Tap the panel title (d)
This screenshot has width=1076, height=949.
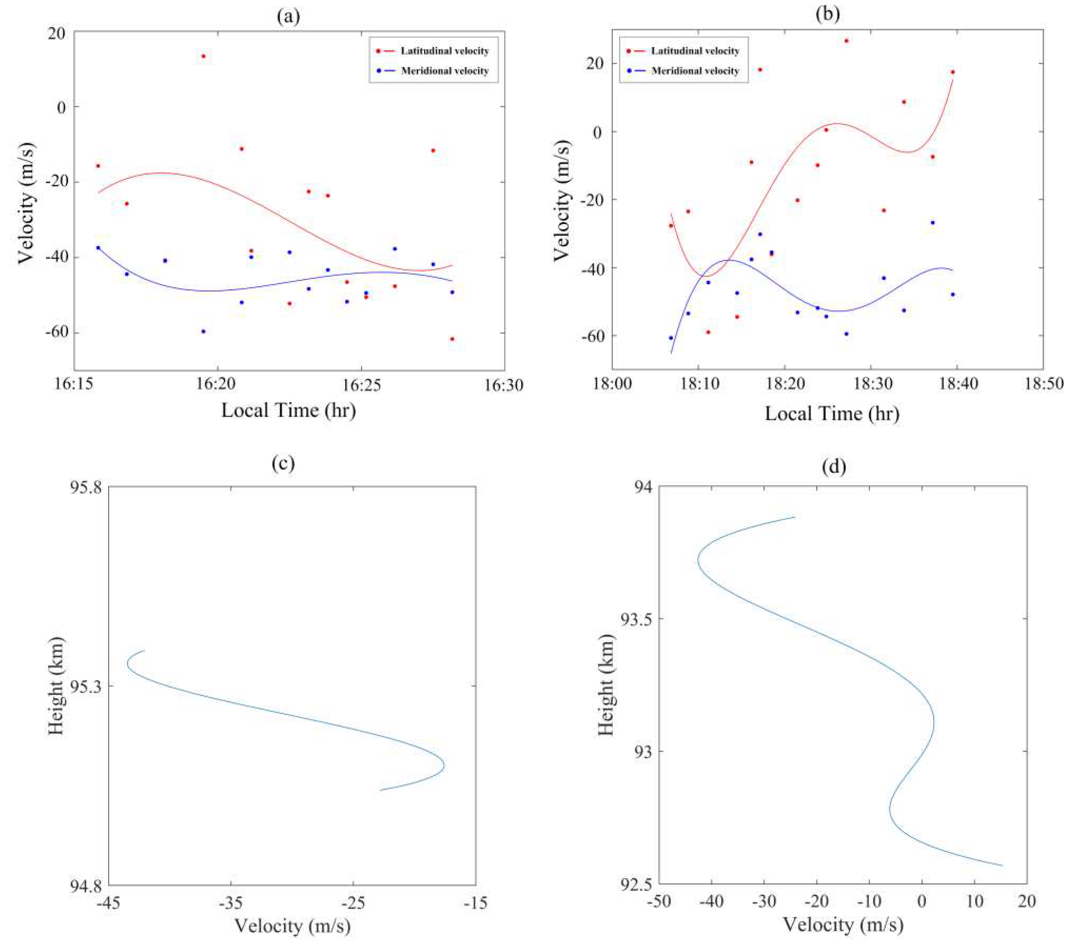point(834,466)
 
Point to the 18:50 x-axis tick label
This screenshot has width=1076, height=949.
point(1043,384)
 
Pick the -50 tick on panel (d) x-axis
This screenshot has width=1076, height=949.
point(658,901)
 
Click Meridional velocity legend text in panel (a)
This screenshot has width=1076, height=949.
point(445,71)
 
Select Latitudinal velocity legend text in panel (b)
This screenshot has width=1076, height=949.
point(695,51)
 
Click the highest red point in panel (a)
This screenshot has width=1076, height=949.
point(203,56)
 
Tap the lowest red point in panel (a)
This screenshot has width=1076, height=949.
point(452,339)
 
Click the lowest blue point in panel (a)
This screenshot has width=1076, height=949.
point(203,331)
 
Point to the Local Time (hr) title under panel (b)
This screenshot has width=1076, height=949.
point(832,413)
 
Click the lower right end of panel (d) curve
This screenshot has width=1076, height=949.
point(1002,866)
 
